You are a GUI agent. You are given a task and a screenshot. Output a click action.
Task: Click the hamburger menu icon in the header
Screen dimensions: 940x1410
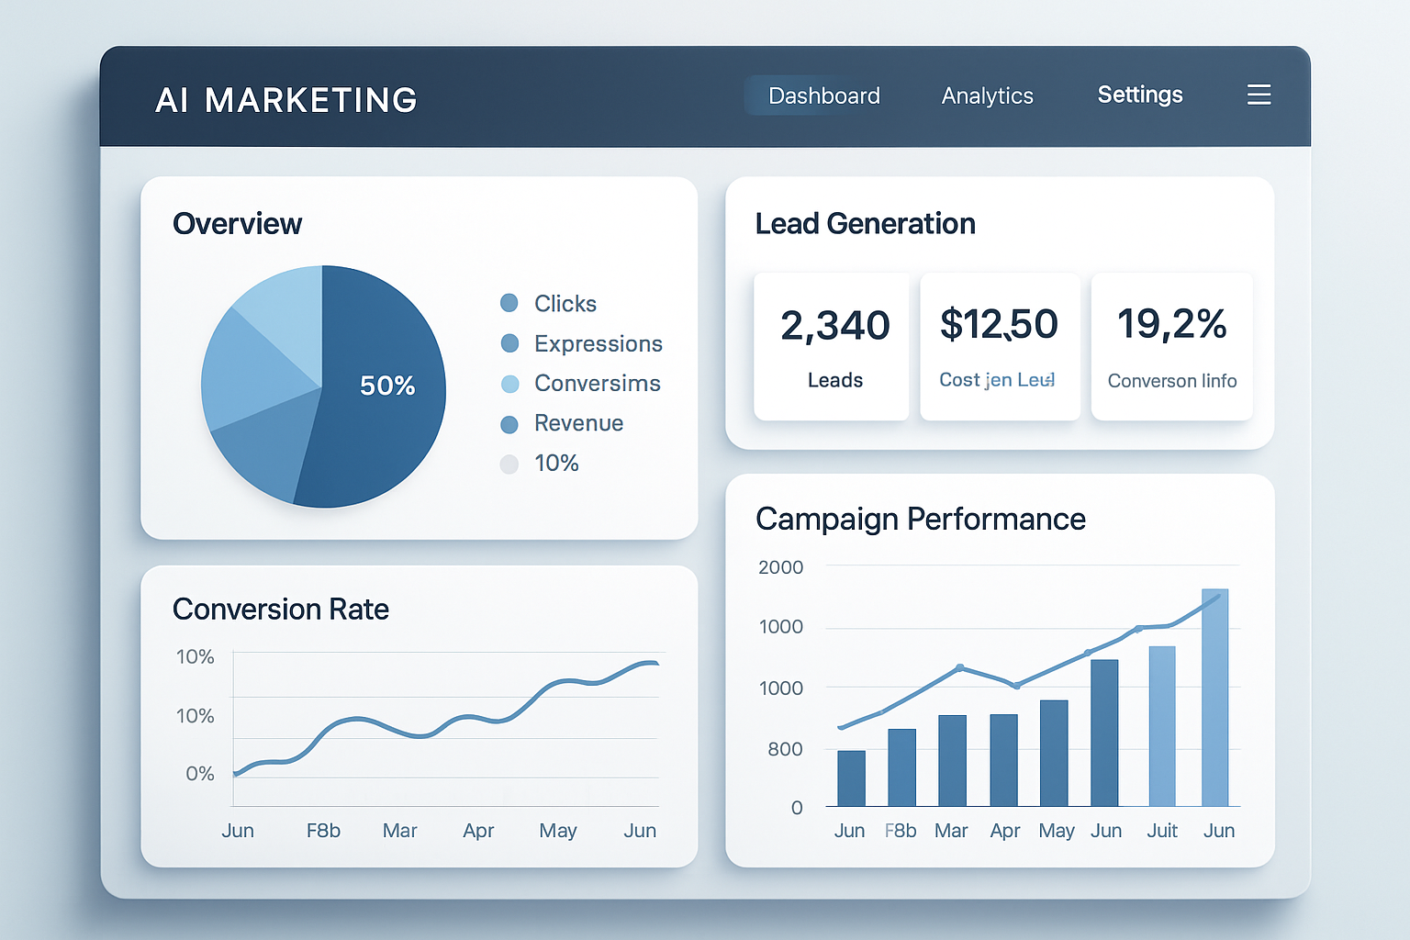[x=1259, y=95]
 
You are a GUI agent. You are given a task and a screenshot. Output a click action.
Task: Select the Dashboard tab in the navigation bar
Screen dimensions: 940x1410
[x=823, y=95]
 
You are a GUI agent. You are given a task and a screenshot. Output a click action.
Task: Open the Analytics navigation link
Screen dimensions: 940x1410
[x=987, y=95]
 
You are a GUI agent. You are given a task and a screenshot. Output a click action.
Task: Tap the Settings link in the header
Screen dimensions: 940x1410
[x=1139, y=95]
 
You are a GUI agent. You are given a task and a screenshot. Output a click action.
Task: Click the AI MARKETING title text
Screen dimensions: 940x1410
[x=286, y=100]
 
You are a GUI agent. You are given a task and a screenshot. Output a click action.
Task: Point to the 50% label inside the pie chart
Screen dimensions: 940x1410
[x=386, y=386]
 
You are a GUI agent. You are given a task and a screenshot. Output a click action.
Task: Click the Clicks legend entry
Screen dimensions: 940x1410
[x=565, y=304]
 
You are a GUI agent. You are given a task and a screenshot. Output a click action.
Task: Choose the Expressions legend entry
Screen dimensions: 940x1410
[x=598, y=343]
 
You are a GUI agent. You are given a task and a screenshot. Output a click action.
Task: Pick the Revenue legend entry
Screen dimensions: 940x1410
[x=578, y=423]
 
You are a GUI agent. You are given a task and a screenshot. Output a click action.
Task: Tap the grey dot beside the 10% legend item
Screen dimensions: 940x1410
[x=509, y=464]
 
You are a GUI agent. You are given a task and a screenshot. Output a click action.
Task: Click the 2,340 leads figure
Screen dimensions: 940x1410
[x=834, y=325]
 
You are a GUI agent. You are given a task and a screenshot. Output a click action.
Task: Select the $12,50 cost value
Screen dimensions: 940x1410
[x=999, y=324]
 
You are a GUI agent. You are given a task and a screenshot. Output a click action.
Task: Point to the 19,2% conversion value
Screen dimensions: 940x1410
[x=1171, y=324]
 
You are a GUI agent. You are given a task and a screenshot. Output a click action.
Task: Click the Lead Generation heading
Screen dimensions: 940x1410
[x=865, y=224]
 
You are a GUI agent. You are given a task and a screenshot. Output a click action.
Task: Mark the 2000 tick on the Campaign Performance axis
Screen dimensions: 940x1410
[x=780, y=567]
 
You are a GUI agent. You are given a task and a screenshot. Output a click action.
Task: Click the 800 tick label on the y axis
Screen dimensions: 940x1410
[x=785, y=749]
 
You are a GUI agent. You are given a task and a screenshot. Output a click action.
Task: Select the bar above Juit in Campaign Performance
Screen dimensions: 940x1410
[x=1162, y=725]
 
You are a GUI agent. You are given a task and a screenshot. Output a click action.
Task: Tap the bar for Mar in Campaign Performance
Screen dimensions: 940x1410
[x=952, y=760]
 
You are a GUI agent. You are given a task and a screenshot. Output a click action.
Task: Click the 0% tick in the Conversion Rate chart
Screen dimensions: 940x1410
[x=199, y=774]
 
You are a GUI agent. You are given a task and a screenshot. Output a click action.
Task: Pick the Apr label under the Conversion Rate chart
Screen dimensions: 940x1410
[x=478, y=831]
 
